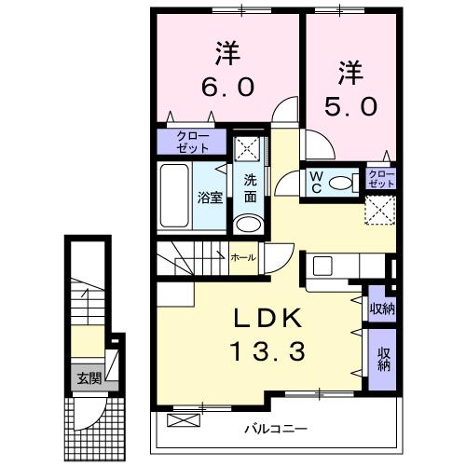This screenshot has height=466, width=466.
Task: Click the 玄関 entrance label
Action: (x=89, y=378)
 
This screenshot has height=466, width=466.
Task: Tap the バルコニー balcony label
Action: (x=276, y=430)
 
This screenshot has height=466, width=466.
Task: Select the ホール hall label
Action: (x=244, y=257)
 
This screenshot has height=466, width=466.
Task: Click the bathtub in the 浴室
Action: (x=174, y=196)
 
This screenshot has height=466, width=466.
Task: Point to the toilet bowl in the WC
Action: (x=340, y=183)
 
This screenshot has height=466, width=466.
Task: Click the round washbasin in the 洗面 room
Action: (x=248, y=224)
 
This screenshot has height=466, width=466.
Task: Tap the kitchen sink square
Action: (x=323, y=266)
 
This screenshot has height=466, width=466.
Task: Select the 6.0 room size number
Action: (x=228, y=87)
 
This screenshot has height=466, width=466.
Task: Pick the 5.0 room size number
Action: (x=351, y=105)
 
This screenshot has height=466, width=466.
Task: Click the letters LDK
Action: (x=267, y=318)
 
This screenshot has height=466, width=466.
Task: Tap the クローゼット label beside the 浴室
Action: (x=193, y=142)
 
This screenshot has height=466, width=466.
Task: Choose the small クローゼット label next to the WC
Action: (x=381, y=179)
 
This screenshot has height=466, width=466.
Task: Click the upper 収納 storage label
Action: (x=382, y=309)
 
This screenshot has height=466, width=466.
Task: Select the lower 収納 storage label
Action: (x=383, y=359)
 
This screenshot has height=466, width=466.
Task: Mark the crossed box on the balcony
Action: (x=185, y=420)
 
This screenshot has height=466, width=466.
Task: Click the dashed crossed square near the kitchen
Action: (x=380, y=210)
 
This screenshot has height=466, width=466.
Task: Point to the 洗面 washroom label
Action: (x=250, y=188)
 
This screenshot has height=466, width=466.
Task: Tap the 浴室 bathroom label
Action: (x=211, y=198)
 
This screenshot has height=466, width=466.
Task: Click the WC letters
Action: (x=317, y=183)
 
